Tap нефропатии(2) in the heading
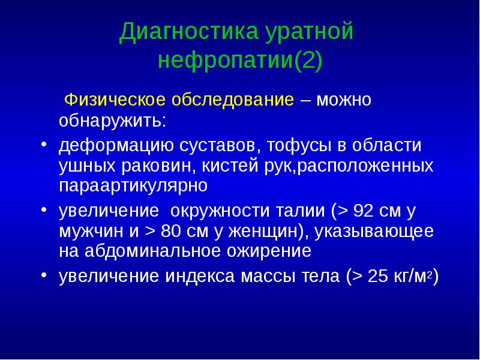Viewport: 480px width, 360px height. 240,61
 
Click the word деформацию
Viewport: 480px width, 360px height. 116,147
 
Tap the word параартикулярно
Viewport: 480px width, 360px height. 133,185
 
